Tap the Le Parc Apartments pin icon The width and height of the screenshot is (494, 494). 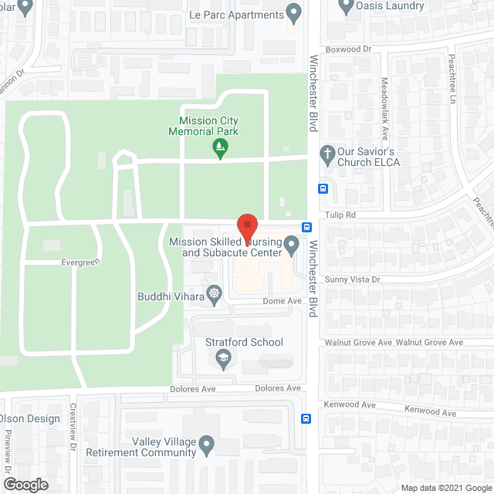pyautogui.click(x=293, y=12)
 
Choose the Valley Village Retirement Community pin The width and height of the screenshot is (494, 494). pyautogui.click(x=206, y=444)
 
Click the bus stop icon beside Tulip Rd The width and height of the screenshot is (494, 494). pyautogui.click(x=307, y=227)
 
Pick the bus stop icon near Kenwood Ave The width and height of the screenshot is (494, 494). pyautogui.click(x=306, y=419)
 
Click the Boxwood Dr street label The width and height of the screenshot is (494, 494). pyautogui.click(x=349, y=49)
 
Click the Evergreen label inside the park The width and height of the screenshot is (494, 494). pyautogui.click(x=82, y=262)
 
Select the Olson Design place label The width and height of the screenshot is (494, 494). pyautogui.click(x=31, y=418)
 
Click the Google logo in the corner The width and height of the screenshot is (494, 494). pyautogui.click(x=25, y=485)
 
